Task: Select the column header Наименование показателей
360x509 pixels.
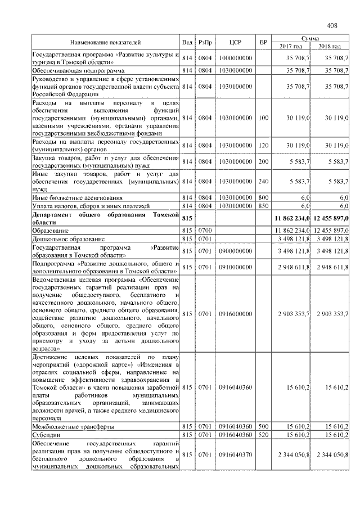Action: pyautogui.click(x=105, y=42)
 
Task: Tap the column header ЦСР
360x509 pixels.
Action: pyautogui.click(x=236, y=42)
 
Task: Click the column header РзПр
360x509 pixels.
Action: pyautogui.click(x=205, y=42)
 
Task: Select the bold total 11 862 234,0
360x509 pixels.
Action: pyautogui.click(x=291, y=218)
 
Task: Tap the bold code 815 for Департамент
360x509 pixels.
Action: pyautogui.click(x=187, y=218)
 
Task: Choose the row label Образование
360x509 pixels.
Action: pyautogui.click(x=51, y=231)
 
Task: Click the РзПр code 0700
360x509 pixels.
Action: pyautogui.click(x=205, y=231)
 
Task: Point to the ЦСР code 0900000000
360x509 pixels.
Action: pyautogui.click(x=236, y=250)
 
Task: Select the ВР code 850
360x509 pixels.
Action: pyautogui.click(x=263, y=206)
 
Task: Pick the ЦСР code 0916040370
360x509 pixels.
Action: pyautogui.click(x=236, y=454)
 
